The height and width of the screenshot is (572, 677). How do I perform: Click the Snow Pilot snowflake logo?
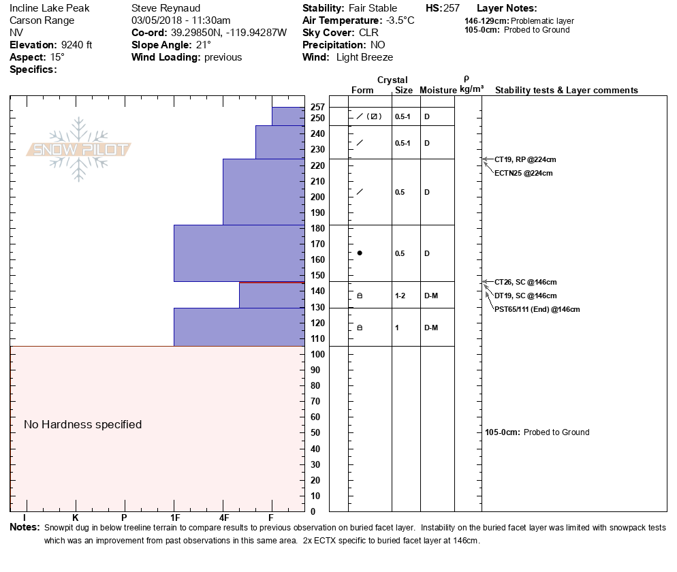click(x=79, y=150)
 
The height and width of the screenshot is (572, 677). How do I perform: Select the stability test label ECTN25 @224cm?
click(x=523, y=173)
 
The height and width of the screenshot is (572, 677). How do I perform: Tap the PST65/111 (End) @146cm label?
click(x=537, y=309)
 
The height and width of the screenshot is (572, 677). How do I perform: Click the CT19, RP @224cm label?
click(x=525, y=159)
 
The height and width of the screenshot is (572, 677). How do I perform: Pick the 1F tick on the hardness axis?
click(x=174, y=519)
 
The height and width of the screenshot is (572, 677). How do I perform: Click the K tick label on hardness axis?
click(x=75, y=519)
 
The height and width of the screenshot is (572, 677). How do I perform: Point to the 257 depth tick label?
click(x=317, y=107)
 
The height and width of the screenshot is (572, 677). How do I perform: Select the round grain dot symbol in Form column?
click(x=360, y=253)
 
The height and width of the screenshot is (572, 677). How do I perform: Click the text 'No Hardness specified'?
click(x=83, y=424)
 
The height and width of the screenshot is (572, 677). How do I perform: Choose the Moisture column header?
click(x=437, y=91)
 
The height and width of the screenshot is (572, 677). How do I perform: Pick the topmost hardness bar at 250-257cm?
click(x=288, y=116)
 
